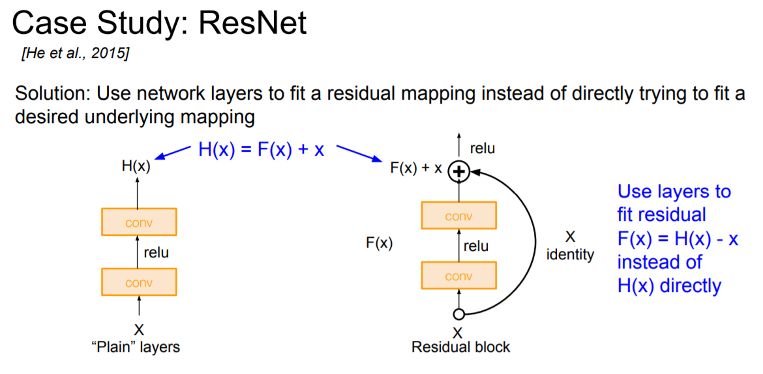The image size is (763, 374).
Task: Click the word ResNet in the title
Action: (254, 23)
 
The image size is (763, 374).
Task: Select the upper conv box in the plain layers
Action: (139, 222)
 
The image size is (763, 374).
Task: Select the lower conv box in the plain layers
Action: (139, 282)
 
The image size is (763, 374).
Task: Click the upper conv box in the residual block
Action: (458, 216)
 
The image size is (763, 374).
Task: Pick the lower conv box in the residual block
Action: (458, 276)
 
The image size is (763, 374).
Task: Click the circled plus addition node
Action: (460, 171)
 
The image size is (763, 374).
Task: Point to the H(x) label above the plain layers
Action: (136, 165)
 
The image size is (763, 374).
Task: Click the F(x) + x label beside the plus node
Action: (416, 168)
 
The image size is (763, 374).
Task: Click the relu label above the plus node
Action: (482, 149)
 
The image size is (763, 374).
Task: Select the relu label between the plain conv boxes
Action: (156, 252)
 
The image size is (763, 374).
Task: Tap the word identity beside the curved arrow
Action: (570, 254)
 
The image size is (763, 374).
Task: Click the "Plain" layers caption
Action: (135, 347)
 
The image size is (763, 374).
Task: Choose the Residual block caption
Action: (460, 347)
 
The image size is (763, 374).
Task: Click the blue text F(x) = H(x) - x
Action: (678, 238)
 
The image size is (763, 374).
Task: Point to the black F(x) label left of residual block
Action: (379, 244)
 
